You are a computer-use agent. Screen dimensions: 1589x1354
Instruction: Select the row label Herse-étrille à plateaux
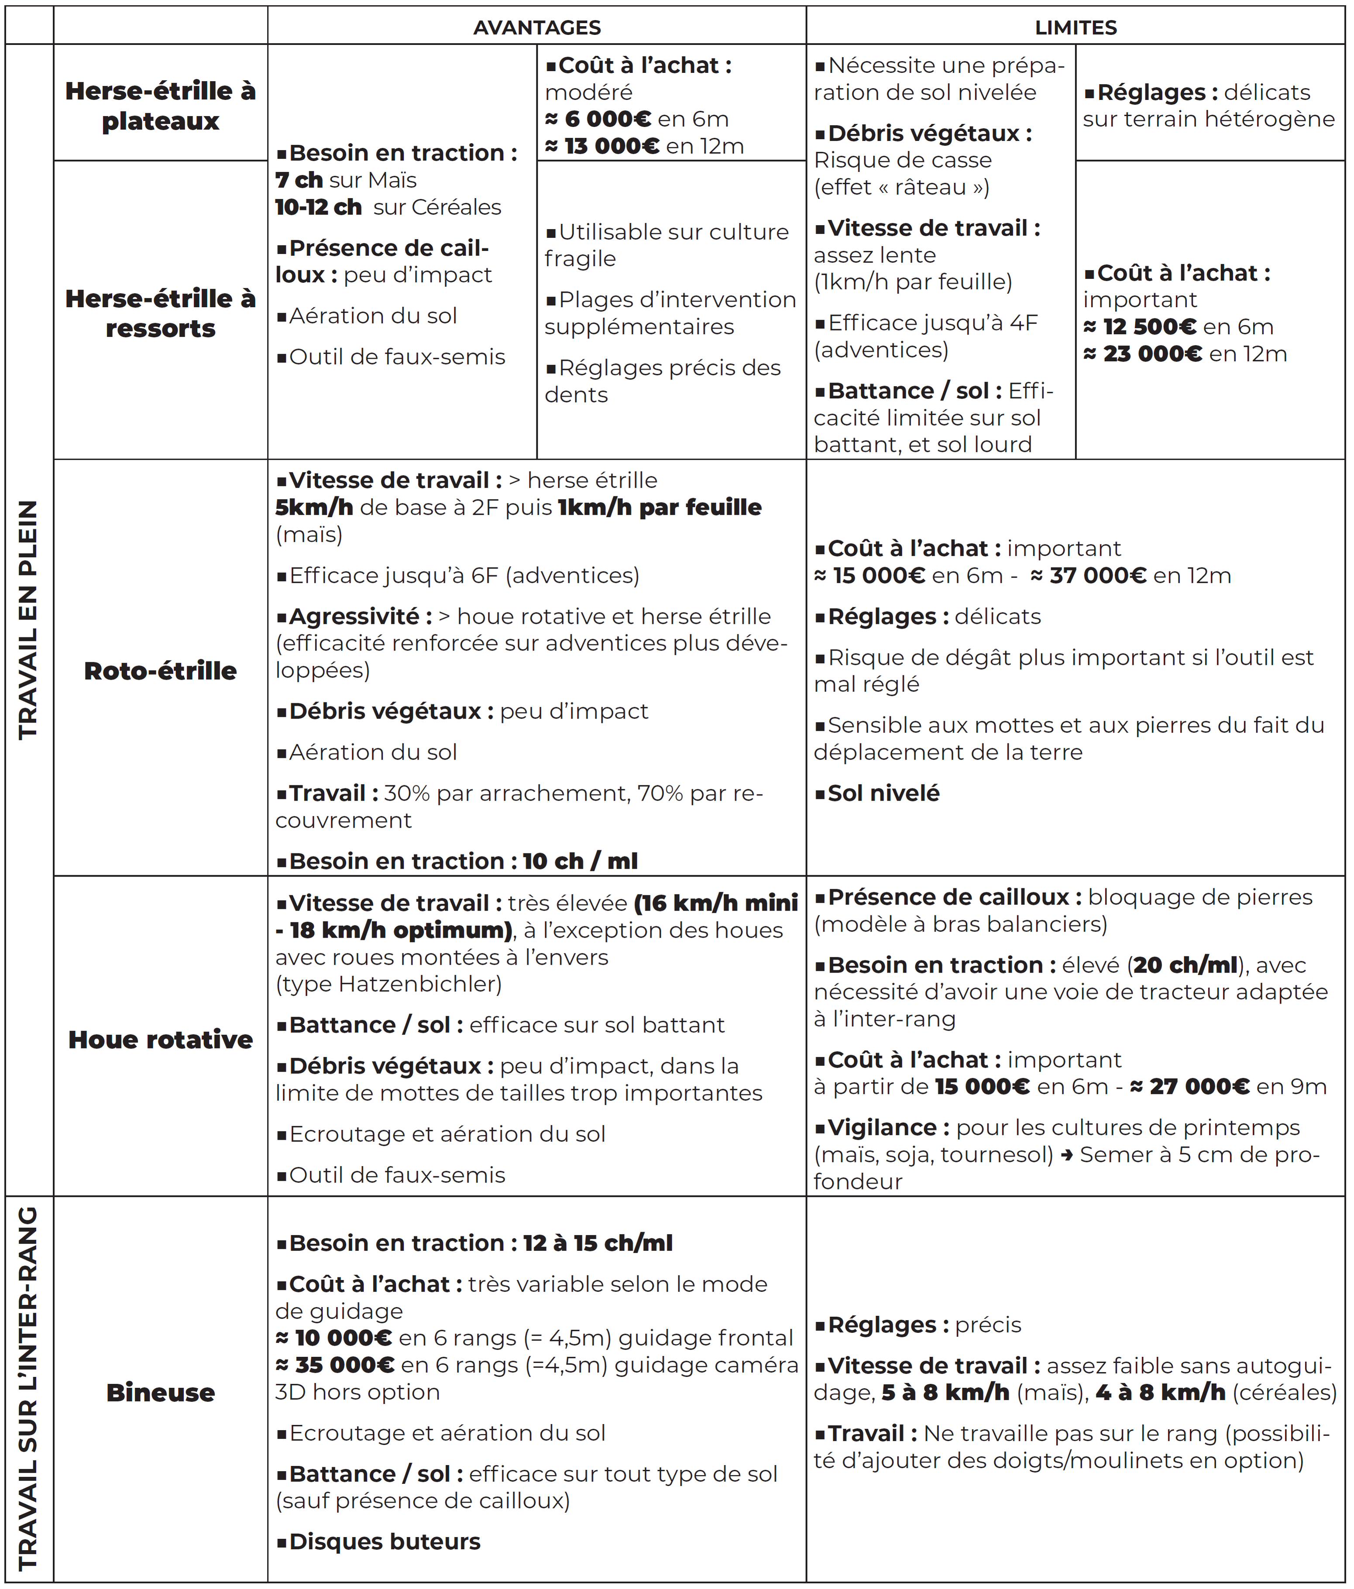[160, 106]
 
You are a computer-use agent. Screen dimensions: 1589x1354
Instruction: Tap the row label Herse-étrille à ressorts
[160, 313]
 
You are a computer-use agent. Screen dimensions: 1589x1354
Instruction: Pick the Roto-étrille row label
[160, 671]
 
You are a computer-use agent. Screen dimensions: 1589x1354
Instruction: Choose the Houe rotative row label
[160, 1039]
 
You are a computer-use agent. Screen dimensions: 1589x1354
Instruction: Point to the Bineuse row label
[160, 1392]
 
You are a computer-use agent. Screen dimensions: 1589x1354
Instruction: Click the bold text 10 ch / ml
[580, 861]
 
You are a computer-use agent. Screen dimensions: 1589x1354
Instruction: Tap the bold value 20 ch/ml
[1185, 966]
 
